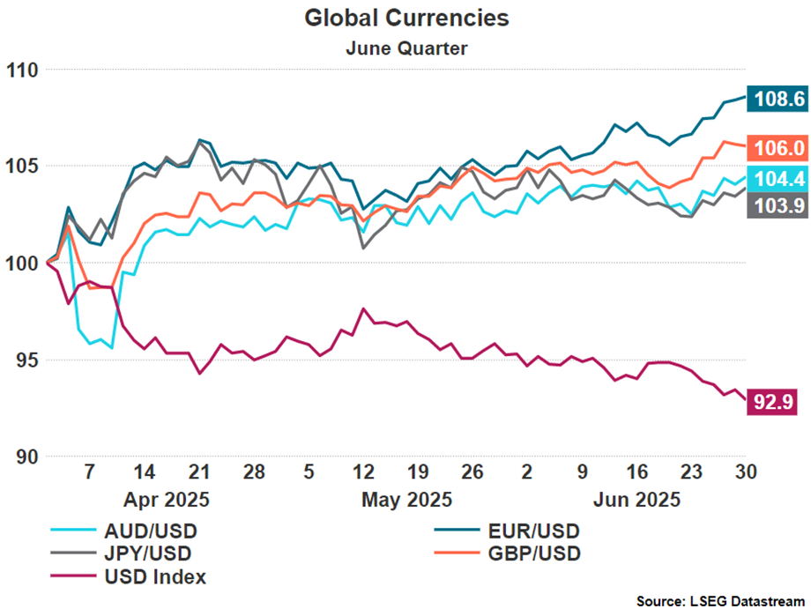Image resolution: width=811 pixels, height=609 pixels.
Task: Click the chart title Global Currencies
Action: click(406, 18)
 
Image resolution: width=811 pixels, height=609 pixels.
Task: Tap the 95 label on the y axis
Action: click(25, 360)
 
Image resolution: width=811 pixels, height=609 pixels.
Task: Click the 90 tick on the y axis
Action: click(25, 457)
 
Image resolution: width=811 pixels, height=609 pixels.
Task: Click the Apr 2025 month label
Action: click(166, 500)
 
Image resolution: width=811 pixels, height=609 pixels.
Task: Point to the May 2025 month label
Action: click(406, 500)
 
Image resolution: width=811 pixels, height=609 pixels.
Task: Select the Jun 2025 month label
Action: click(637, 500)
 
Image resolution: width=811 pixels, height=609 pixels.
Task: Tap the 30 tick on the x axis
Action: click(747, 472)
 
